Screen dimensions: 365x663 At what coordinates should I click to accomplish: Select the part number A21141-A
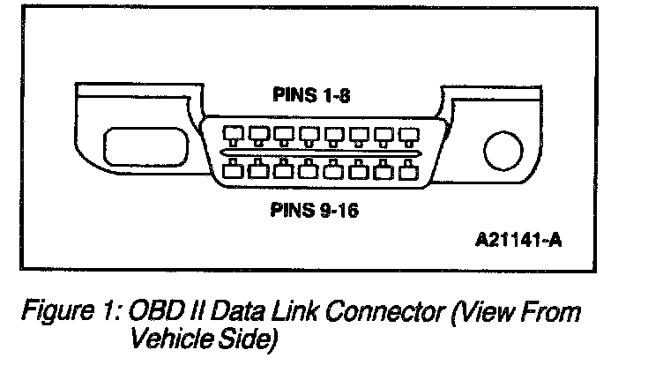point(519,242)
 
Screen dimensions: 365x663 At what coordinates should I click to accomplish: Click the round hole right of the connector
point(501,151)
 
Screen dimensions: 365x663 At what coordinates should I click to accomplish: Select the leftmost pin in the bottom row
point(234,169)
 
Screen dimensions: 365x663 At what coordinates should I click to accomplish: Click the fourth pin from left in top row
point(309,136)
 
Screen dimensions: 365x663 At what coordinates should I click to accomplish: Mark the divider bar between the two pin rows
point(320,153)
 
